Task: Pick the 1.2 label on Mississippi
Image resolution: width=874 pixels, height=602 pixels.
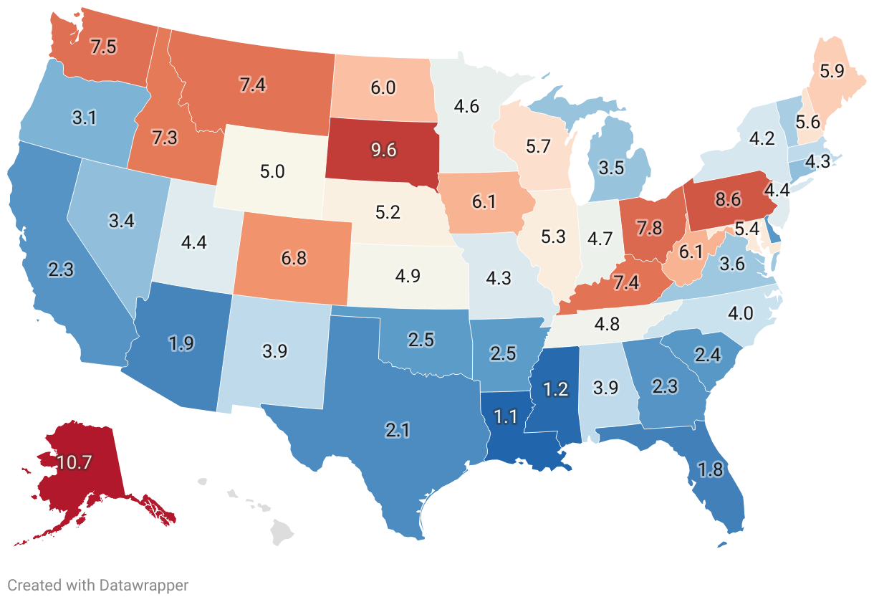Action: pos(554,390)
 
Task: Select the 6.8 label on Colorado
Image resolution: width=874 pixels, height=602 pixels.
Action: pos(294,257)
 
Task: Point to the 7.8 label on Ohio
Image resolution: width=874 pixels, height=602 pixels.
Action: pos(652,229)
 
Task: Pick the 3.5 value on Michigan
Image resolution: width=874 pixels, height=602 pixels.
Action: pos(611,169)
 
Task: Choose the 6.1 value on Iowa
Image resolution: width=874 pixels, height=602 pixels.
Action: pos(484,203)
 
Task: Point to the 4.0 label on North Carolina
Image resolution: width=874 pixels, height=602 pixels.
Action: pos(739,313)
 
